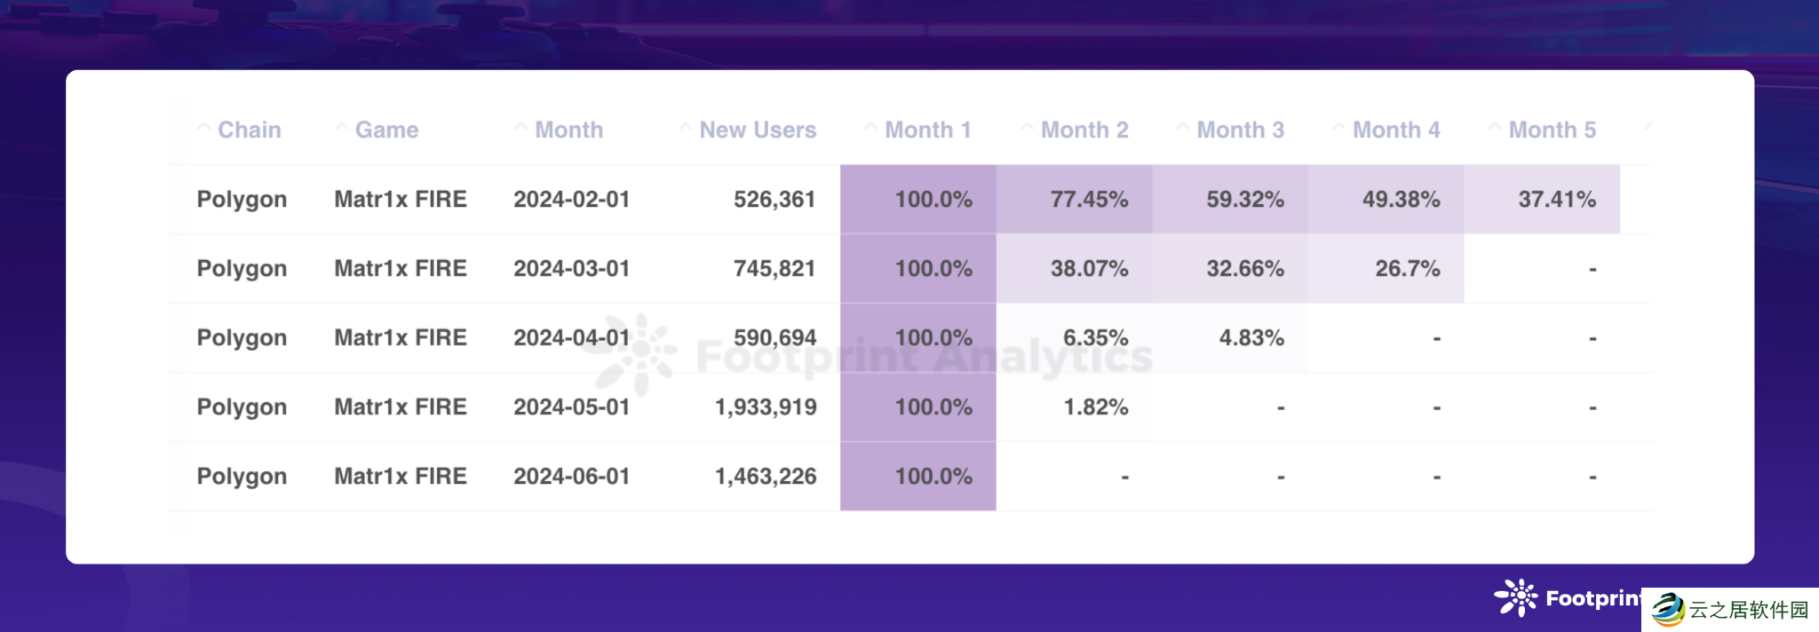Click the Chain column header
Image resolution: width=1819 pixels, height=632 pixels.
tap(249, 130)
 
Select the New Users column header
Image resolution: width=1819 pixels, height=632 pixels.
tap(757, 130)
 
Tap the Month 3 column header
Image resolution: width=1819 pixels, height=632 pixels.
tap(1240, 130)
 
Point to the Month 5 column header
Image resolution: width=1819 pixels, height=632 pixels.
tap(1552, 130)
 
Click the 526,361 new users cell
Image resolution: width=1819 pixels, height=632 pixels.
tap(774, 199)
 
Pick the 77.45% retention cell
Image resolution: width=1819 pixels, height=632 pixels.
tap(1089, 199)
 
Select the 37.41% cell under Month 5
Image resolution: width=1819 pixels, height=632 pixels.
tap(1556, 199)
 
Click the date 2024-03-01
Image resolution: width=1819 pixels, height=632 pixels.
tap(571, 268)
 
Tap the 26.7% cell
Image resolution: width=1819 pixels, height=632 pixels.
tap(1407, 268)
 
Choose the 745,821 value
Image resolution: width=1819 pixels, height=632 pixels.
tap(774, 268)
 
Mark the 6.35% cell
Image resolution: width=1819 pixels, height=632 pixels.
tap(1095, 337)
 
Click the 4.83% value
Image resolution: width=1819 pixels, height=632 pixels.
tap(1251, 337)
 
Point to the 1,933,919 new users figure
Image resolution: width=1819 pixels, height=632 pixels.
tap(765, 407)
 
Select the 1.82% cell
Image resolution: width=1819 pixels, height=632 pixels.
tap(1095, 407)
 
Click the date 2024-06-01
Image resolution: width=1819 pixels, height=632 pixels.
tap(571, 476)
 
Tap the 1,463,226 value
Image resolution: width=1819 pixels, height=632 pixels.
tap(765, 476)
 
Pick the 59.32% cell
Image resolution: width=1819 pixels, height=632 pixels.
tap(1244, 199)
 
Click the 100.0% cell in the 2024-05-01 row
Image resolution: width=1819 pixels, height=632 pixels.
tap(933, 407)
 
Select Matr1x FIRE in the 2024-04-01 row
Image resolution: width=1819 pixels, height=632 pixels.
tap(400, 337)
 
